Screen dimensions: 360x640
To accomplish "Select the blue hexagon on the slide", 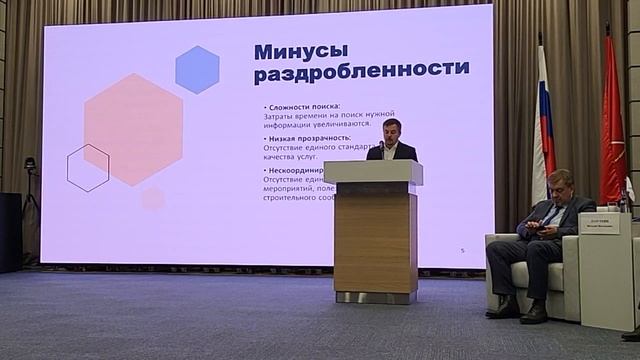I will pyautogui.click(x=197, y=69).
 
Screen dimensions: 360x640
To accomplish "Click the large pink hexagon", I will pyautogui.click(x=133, y=129).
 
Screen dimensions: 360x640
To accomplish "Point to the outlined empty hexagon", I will pyautogui.click(x=88, y=167).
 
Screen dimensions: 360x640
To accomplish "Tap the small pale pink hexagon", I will pyautogui.click(x=152, y=198).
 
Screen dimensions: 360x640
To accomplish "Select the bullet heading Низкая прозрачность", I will pyautogui.click(x=310, y=138).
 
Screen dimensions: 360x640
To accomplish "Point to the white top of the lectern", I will pyautogui.click(x=373, y=172).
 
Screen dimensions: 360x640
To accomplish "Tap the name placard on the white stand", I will pyautogui.click(x=599, y=223).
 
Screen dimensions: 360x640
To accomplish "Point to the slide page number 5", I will pyautogui.click(x=463, y=249).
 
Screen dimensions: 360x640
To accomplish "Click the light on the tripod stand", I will pyautogui.click(x=30, y=164).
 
